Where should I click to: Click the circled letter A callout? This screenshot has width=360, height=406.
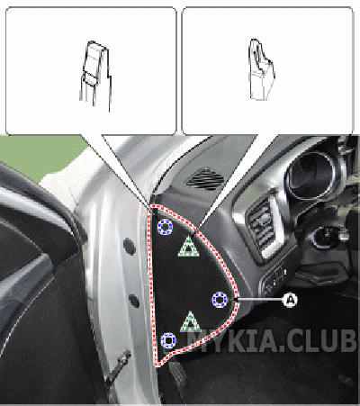click(x=290, y=300)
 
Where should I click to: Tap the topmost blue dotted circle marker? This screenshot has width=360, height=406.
click(x=165, y=227)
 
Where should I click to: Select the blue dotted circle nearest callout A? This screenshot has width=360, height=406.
click(x=220, y=300)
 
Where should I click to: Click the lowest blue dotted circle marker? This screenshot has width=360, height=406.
click(x=168, y=340)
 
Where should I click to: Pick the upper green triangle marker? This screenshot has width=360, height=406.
click(x=189, y=247)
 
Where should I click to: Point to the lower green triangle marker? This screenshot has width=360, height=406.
click(x=190, y=321)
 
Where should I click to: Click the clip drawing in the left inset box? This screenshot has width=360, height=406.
click(x=95, y=76)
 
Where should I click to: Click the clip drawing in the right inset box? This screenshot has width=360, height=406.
click(x=261, y=69)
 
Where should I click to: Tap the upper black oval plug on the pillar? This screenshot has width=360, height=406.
click(x=130, y=247)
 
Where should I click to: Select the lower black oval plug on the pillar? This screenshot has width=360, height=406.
click(x=134, y=301)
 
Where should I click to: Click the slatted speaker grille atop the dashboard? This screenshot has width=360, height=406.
click(x=205, y=179)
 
